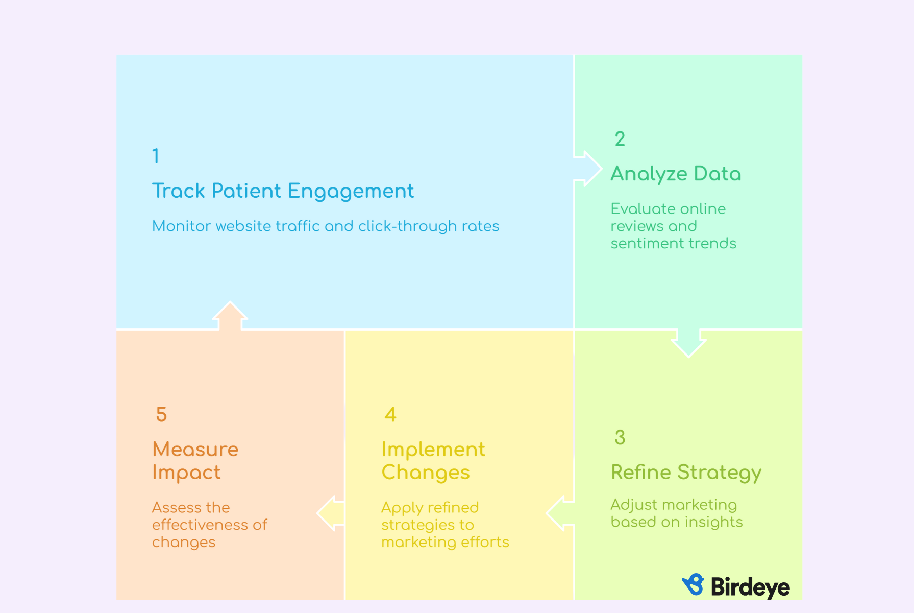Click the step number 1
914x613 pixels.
click(156, 156)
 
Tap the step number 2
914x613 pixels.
click(620, 139)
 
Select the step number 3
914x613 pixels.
click(620, 437)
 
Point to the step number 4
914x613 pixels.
click(390, 414)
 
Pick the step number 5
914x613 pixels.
click(161, 414)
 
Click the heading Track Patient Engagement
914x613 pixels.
click(283, 192)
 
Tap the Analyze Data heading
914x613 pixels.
click(676, 174)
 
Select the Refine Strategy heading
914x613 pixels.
click(686, 473)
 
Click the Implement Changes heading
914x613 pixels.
click(433, 461)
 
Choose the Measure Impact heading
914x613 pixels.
click(195, 461)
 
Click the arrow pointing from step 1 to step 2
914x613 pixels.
click(588, 169)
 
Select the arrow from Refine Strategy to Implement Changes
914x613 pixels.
click(560, 513)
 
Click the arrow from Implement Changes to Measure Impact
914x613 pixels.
click(331, 513)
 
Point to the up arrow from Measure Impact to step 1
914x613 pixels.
click(230, 316)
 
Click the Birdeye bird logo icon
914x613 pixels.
click(693, 584)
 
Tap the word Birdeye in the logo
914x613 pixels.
click(750, 587)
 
